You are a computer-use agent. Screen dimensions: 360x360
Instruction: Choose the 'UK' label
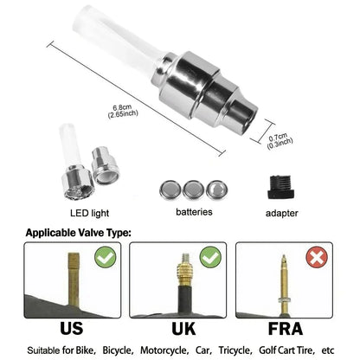[x=180, y=329]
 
